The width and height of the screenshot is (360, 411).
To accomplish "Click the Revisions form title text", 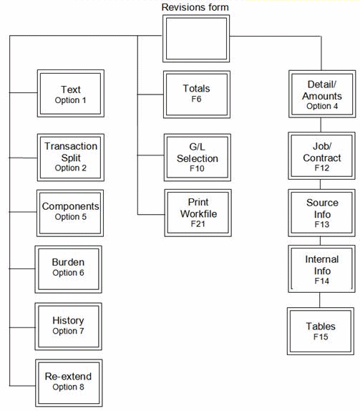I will (195, 7).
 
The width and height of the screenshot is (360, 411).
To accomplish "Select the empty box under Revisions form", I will (196, 38).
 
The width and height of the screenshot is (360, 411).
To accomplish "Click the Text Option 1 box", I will (70, 95).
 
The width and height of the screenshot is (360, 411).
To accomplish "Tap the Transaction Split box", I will (70, 156).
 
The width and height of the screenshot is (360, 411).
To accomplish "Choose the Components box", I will (70, 211).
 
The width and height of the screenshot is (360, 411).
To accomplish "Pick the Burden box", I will (69, 268).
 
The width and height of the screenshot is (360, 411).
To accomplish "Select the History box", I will (69, 325).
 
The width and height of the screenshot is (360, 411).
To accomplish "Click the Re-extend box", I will (69, 382).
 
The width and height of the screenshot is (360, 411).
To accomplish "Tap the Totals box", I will (197, 94).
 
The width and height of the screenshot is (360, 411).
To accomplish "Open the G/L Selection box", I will (197, 156).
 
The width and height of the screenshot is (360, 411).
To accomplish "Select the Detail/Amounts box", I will (321, 94).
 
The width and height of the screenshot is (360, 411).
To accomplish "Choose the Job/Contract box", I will (321, 155).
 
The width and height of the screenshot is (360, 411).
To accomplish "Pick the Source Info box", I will (321, 212).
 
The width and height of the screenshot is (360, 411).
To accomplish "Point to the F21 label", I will (198, 224).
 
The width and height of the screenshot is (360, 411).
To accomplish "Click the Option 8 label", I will (69, 387).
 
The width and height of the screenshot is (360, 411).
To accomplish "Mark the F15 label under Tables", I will (320, 337).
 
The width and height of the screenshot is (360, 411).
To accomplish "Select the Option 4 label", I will (321, 106).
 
